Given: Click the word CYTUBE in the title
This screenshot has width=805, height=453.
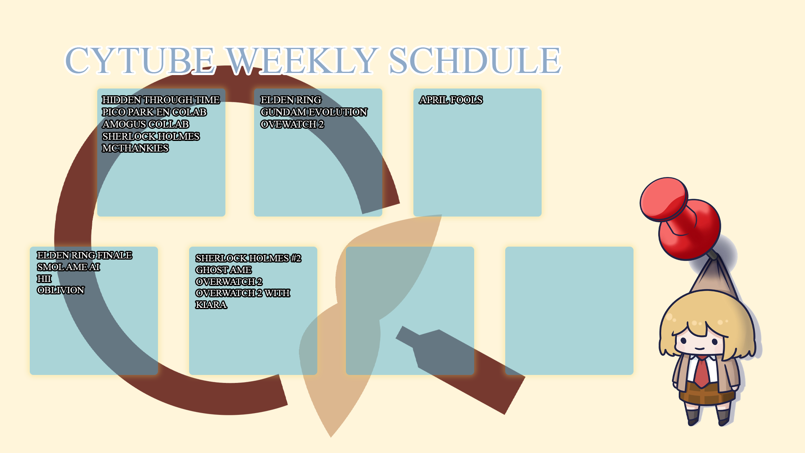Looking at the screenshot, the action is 140,60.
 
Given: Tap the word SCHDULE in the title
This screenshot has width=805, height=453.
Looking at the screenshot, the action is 475,60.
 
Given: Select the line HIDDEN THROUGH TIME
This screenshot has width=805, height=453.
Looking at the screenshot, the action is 161,100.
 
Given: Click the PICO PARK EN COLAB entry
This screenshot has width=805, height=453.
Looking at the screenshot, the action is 154,112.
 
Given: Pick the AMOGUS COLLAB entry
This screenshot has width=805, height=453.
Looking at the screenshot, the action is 145,124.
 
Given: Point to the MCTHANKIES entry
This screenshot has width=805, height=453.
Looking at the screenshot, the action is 135,148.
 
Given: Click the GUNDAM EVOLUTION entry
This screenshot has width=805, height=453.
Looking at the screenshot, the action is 314,112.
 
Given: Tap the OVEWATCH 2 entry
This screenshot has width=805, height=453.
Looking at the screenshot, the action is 292,124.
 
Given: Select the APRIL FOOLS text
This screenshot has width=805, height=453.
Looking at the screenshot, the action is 451,100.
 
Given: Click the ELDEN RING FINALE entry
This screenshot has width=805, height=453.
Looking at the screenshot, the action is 85,255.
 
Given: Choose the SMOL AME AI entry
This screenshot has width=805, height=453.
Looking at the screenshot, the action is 68,267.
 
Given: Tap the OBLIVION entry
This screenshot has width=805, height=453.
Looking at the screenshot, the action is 61,290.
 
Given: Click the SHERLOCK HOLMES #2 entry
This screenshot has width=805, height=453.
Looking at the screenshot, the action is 248,258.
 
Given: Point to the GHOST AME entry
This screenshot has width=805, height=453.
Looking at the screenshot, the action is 223,270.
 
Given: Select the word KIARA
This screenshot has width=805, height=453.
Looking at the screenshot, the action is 211,305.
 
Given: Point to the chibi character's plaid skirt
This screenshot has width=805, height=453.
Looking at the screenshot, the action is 706,394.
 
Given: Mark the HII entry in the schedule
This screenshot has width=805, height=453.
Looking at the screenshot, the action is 44,279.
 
